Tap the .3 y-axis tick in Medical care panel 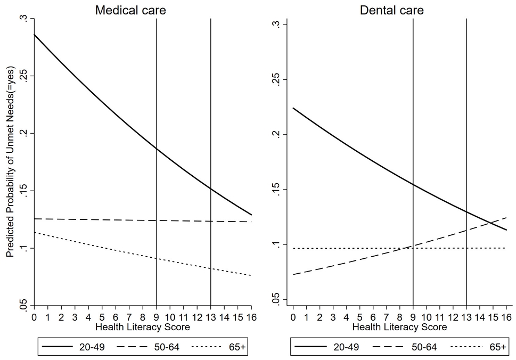(23, 19)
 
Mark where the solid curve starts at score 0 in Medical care (34, 34)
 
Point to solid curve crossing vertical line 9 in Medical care (156, 149)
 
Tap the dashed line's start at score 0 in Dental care (293, 275)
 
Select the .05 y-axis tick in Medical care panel (23, 306)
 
